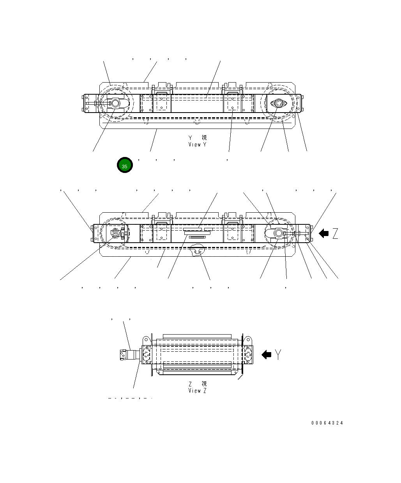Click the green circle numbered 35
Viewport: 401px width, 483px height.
(x=125, y=166)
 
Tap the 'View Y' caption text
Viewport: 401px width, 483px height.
(x=197, y=145)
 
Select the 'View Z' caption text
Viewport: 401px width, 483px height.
(x=197, y=390)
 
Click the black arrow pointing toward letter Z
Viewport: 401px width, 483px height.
(x=323, y=234)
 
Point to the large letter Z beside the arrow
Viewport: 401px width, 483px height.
(x=335, y=234)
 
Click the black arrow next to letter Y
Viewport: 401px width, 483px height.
(x=267, y=354)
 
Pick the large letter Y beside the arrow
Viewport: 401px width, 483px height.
(x=278, y=354)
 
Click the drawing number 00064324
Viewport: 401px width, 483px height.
(x=327, y=423)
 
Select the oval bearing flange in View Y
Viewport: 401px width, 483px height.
(x=278, y=104)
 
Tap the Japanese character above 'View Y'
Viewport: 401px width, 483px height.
(x=204, y=138)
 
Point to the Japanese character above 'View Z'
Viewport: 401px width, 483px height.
(x=204, y=384)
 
